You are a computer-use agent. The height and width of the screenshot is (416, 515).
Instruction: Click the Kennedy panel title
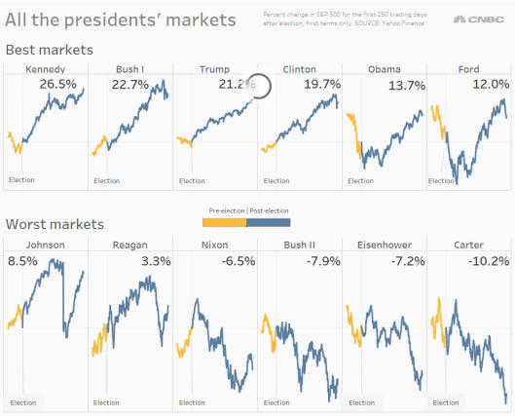[45, 69]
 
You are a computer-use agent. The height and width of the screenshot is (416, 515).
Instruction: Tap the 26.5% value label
[57, 85]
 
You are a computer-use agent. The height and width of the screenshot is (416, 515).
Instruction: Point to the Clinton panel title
[299, 69]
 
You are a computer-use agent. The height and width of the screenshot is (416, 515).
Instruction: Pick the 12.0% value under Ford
[490, 85]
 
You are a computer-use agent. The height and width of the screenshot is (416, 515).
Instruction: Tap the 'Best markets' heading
[49, 49]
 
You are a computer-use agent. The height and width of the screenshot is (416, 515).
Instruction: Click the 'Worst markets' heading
[55, 224]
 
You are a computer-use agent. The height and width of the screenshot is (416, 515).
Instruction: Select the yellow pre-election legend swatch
[227, 222]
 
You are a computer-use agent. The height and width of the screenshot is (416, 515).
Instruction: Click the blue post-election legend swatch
[269, 222]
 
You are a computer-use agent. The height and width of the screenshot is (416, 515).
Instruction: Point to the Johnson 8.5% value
[24, 261]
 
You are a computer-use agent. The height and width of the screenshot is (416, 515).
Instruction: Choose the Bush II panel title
[299, 245]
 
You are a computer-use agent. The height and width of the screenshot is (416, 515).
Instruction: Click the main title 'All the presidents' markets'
[121, 19]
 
